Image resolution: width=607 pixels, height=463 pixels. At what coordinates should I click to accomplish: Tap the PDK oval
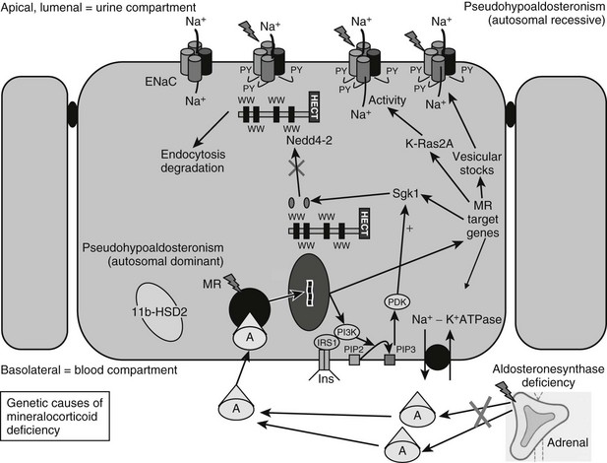(397, 301)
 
